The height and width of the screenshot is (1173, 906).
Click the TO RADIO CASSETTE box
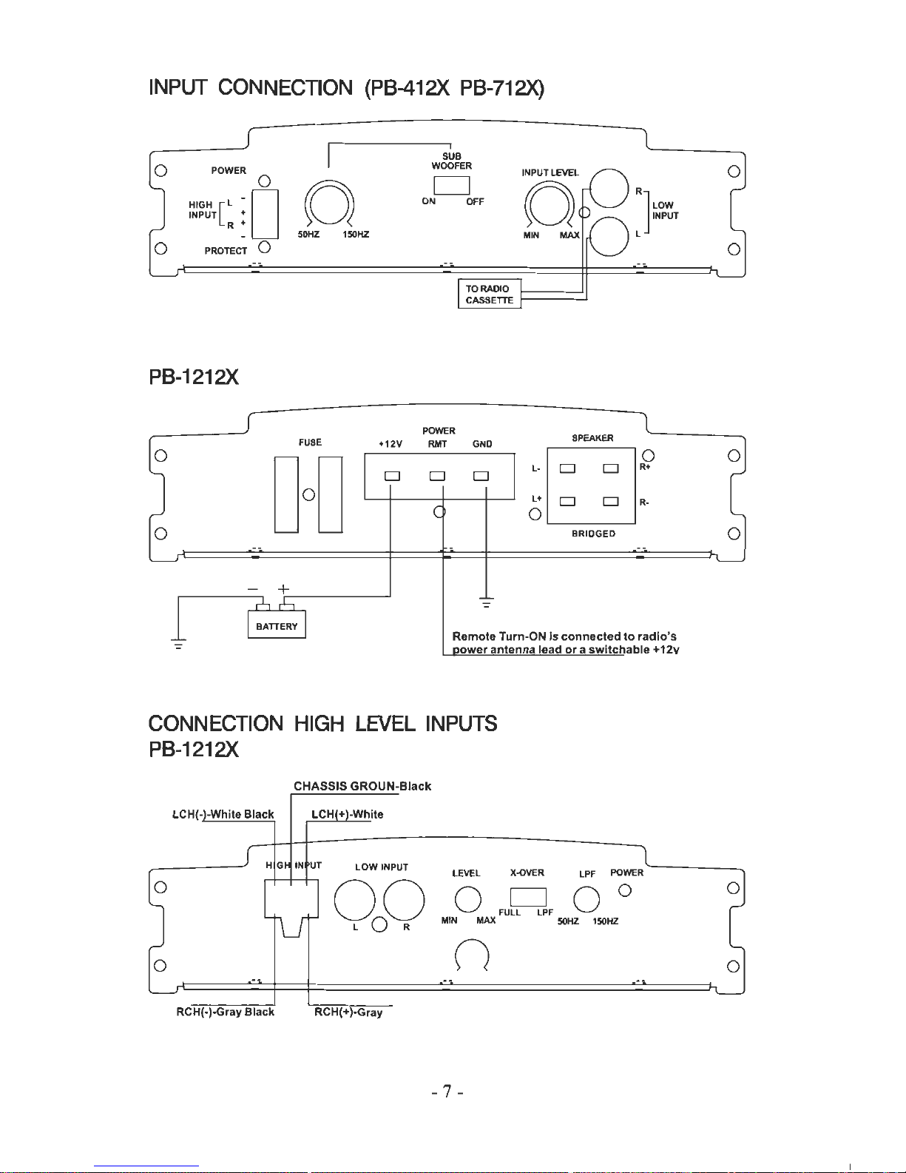(x=490, y=294)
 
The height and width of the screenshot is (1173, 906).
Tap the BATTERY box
(x=277, y=624)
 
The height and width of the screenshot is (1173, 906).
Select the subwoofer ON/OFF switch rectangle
(x=451, y=185)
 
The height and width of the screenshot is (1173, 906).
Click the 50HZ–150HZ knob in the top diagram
(x=329, y=204)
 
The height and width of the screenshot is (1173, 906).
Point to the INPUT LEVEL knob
(x=549, y=205)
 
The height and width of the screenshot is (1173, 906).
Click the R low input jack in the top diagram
(x=609, y=189)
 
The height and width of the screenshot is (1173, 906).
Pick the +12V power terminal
(x=392, y=476)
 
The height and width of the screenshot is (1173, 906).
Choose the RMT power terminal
(x=437, y=476)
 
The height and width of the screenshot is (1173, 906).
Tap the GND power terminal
(x=481, y=476)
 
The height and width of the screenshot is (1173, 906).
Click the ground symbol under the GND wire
(x=486, y=602)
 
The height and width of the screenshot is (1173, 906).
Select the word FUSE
(x=310, y=442)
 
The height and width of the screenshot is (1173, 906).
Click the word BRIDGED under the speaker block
(x=593, y=534)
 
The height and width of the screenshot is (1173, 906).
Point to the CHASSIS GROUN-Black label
(x=362, y=786)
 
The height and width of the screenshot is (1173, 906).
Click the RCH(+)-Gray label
(x=348, y=1012)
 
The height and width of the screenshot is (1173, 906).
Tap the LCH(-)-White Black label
(x=223, y=814)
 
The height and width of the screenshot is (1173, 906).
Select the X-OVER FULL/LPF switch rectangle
(x=528, y=897)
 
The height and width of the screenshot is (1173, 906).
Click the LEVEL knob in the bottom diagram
(x=467, y=899)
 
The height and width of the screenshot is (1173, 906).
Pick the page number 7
(x=447, y=1092)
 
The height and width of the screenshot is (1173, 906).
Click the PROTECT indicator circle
(x=264, y=247)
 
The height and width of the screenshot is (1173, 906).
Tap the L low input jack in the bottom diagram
(x=354, y=900)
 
